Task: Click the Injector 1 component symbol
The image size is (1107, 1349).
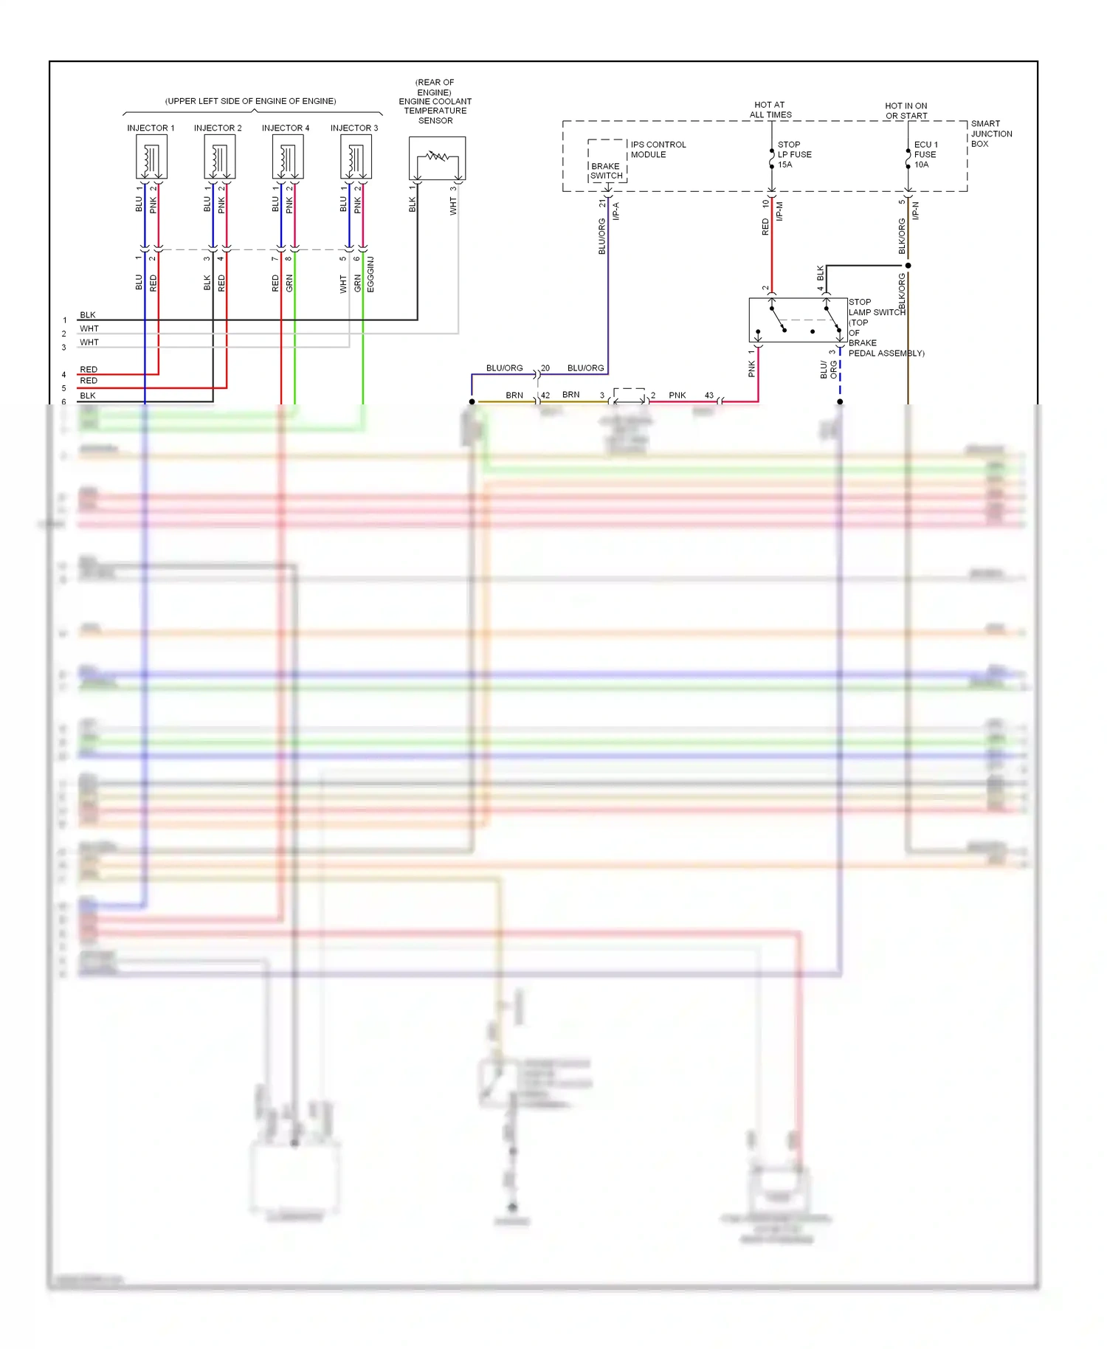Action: point(151,157)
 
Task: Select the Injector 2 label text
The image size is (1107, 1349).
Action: point(218,128)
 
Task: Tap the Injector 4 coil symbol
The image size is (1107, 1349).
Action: point(287,157)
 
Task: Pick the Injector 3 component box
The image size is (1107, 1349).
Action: point(356,157)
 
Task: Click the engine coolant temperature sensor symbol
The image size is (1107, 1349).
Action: point(437,158)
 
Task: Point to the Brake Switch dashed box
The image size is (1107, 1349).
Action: point(607,161)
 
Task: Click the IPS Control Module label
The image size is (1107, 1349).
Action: point(658,150)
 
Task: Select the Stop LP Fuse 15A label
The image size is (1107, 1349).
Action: point(794,155)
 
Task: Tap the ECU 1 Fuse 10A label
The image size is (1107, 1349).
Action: point(925,155)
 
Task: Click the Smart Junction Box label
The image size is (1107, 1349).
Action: point(990,134)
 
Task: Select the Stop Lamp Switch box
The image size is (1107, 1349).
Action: point(797,320)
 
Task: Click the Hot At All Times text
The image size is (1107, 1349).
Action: point(770,110)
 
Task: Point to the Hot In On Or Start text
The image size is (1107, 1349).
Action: point(906,111)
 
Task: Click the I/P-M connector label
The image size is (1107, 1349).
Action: point(779,211)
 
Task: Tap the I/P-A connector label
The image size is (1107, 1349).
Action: point(615,211)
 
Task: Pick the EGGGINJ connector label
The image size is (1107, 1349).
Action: point(370,275)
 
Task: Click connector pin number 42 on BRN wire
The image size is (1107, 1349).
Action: point(545,396)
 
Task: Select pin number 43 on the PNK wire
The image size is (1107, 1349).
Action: point(708,396)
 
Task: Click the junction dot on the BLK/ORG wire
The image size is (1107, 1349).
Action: point(908,266)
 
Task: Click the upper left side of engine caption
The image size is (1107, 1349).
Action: point(250,101)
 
